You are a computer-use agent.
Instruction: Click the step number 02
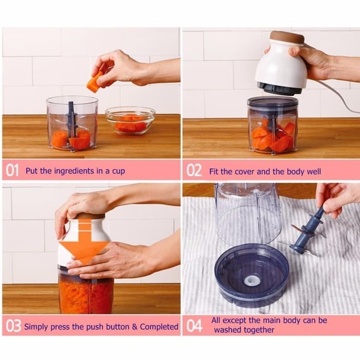[194, 171]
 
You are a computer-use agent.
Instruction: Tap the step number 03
[13, 326]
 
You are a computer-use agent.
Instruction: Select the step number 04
[194, 326]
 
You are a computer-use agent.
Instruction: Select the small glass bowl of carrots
[130, 121]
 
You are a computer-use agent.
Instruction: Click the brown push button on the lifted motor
[287, 38]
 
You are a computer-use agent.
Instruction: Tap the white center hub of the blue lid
[251, 280]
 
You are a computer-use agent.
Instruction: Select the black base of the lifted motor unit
[279, 88]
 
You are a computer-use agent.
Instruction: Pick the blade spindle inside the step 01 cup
[71, 121]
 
